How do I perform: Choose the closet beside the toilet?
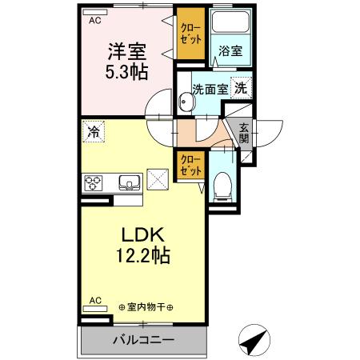(190, 166)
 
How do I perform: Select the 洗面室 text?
(210, 90)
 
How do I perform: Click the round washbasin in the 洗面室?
(186, 102)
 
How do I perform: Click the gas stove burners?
(94, 182)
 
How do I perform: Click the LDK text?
(143, 236)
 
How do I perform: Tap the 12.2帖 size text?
(143, 258)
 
